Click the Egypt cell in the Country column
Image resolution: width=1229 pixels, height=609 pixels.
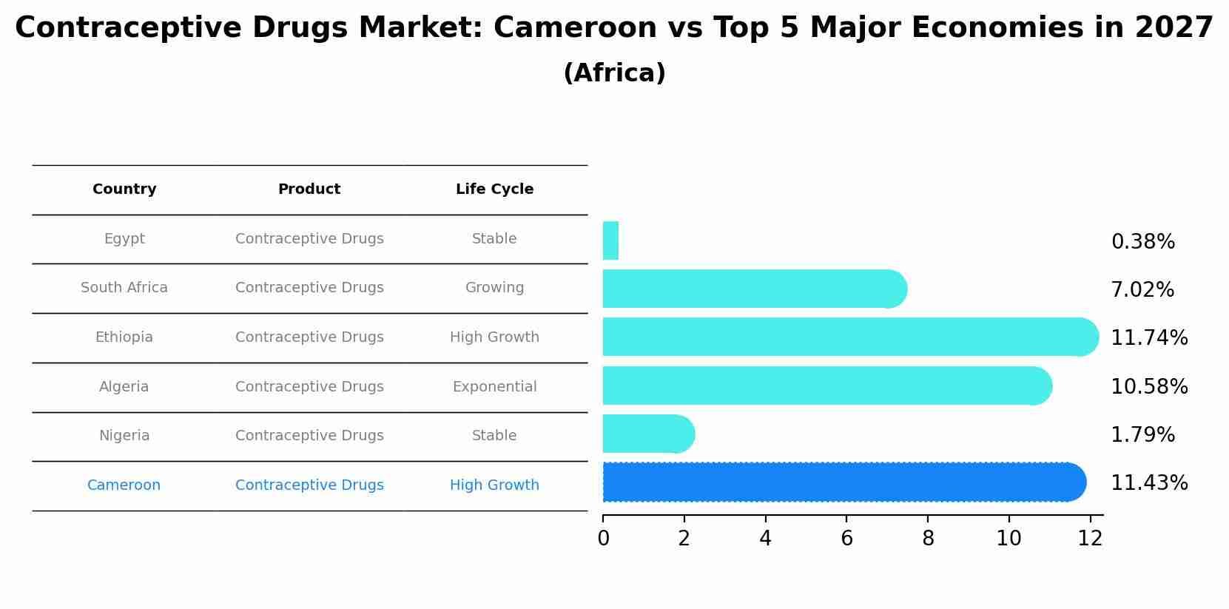coord(124,239)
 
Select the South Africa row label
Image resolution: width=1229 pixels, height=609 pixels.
coord(124,288)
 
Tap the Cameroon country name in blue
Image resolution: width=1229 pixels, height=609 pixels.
coord(124,485)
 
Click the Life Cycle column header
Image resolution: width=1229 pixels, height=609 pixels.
coord(494,189)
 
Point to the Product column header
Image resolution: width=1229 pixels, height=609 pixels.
coord(309,189)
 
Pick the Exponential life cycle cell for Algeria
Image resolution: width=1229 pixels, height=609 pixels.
coord(494,387)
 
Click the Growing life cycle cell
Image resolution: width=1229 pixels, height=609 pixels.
coord(494,288)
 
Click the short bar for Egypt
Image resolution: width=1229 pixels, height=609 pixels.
coord(610,240)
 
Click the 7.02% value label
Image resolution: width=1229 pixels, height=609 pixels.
coord(1142,290)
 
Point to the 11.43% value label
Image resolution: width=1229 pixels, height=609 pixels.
coord(1149,483)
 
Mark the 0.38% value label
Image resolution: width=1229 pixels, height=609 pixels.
coord(1142,242)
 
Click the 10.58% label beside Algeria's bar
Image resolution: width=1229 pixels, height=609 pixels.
coord(1149,387)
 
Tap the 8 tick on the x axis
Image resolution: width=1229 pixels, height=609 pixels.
coord(928,539)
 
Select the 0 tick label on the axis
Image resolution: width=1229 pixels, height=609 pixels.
coord(603,539)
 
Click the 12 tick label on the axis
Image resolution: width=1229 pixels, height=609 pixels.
coord(1090,539)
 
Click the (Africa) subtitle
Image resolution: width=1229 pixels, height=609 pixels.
coord(614,73)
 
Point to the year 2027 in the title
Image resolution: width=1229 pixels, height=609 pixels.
coord(1174,28)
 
